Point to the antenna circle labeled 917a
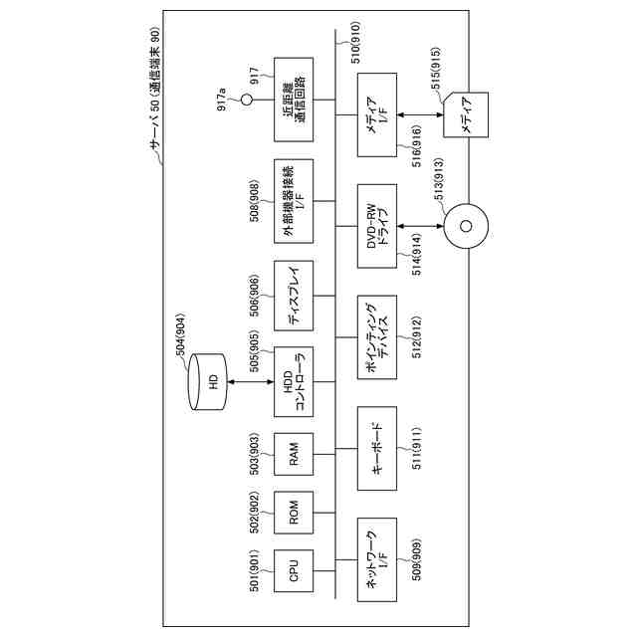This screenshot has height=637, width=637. [246, 101]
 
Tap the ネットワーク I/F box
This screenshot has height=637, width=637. [375, 558]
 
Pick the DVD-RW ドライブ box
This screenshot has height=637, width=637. [375, 225]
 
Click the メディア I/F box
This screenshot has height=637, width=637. [375, 114]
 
